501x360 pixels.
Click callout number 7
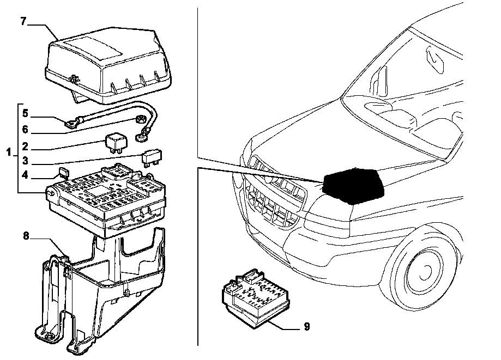coord(23,21)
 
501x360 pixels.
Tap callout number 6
coord(25,130)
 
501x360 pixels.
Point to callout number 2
coord(25,147)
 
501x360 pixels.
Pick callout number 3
coord(25,162)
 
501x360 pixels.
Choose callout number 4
coord(25,176)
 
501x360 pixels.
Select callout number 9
coord(306,327)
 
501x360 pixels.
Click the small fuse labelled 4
coord(63,173)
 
